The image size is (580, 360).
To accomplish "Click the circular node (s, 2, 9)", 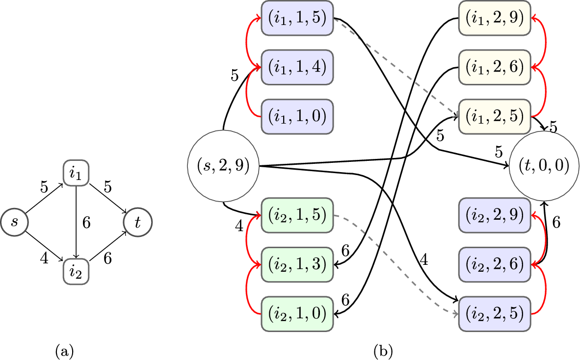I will (223, 166).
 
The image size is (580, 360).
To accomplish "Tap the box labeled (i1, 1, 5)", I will (297, 18).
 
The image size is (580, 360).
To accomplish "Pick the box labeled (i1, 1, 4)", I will (297, 67).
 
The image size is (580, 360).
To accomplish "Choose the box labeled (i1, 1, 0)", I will (297, 116).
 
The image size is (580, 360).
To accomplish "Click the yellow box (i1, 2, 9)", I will (495, 18).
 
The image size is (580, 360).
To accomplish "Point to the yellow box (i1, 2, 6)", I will (495, 67).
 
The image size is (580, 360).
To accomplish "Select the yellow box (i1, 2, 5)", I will (495, 116).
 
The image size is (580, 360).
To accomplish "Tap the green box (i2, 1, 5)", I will (297, 215).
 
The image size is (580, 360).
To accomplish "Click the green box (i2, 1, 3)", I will (297, 264).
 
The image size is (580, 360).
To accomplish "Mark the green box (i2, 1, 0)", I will (297, 313).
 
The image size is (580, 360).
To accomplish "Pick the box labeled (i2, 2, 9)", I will (495, 215).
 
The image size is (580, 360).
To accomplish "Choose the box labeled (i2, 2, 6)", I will (495, 264).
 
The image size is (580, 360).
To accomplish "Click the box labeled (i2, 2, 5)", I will (495, 313).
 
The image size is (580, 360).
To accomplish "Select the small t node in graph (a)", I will (138, 221).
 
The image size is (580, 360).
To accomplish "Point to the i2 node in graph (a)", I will (76, 270).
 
